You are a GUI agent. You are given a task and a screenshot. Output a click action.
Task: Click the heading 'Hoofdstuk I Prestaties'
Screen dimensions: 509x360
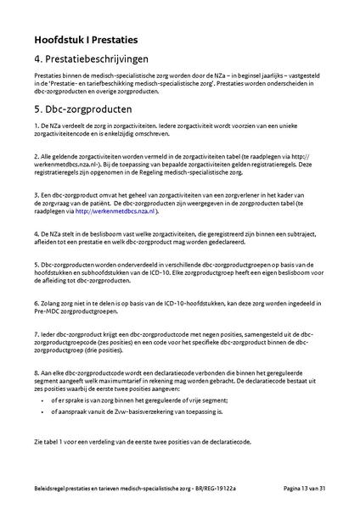click(87, 39)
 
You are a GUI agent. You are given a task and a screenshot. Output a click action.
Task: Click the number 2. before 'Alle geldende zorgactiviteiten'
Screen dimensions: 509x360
click(37, 156)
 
